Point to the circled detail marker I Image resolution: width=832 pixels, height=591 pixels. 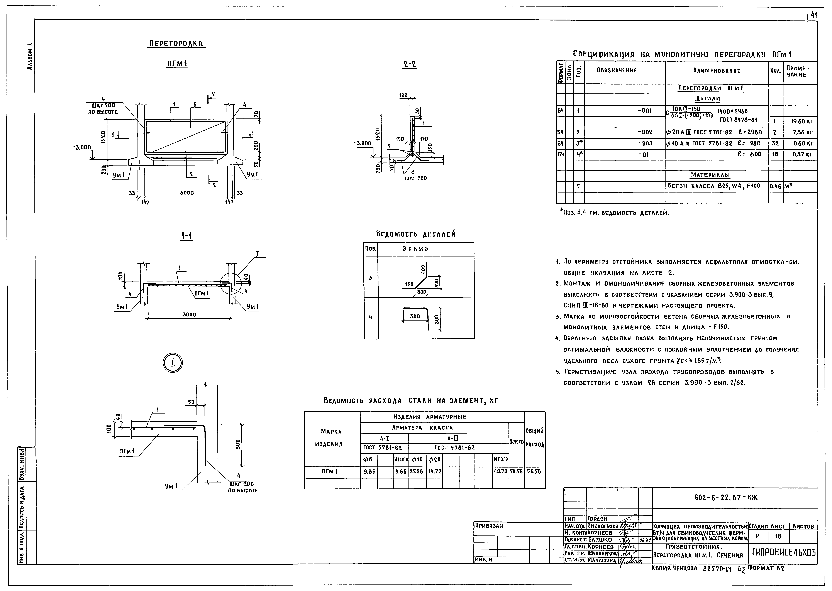(x=172, y=363)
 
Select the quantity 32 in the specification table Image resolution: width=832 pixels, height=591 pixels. (x=775, y=143)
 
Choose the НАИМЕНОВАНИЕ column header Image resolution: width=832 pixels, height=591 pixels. (x=716, y=71)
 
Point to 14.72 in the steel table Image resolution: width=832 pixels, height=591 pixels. (x=435, y=471)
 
